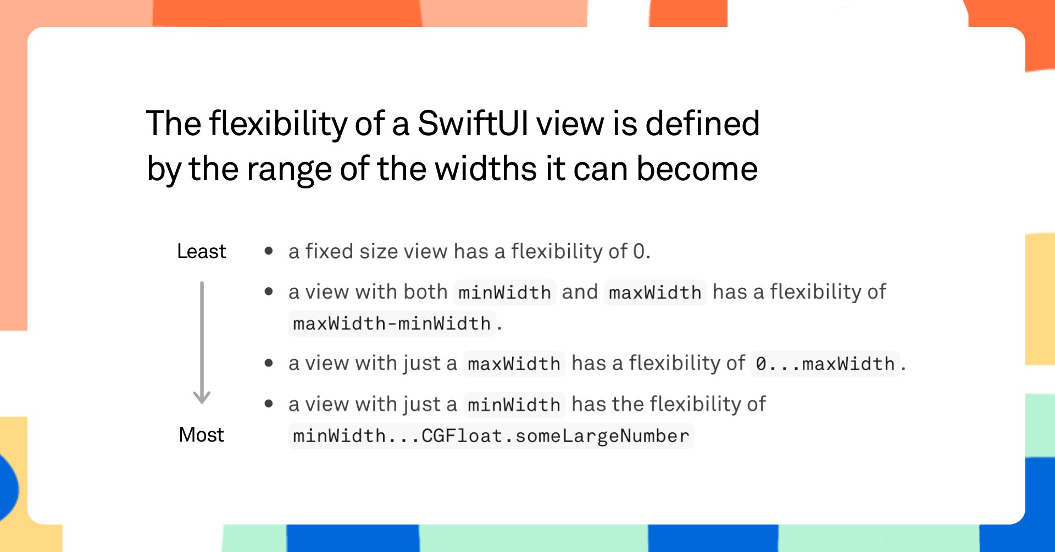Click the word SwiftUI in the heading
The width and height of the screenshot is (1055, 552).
[x=473, y=123]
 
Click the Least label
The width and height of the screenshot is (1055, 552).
[x=201, y=252]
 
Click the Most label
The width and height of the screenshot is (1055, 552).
[x=201, y=435]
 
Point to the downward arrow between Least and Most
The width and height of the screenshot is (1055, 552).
[x=202, y=343]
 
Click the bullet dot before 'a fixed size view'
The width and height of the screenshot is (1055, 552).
[x=269, y=252]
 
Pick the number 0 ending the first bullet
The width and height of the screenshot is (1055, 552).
[x=638, y=252]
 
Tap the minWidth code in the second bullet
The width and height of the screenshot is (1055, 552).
[x=504, y=292]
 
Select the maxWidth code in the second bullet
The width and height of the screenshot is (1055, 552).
[x=655, y=292]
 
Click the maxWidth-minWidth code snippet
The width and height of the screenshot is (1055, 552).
[x=392, y=324]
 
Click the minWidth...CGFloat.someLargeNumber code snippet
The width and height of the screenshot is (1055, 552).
[x=491, y=436]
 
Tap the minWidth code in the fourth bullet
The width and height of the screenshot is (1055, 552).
[x=514, y=405]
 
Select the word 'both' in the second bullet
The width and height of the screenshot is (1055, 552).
[x=425, y=292]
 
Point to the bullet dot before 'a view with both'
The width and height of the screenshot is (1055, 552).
[x=269, y=292]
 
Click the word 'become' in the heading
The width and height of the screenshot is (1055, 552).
[x=697, y=169]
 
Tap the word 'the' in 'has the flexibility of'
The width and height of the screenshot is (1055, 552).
[x=628, y=404]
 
